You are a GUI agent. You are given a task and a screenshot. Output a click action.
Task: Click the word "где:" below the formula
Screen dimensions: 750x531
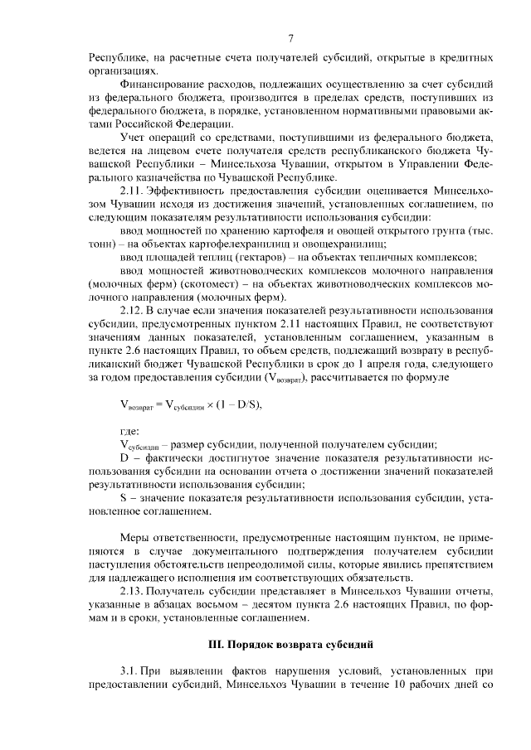(x=129, y=431)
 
